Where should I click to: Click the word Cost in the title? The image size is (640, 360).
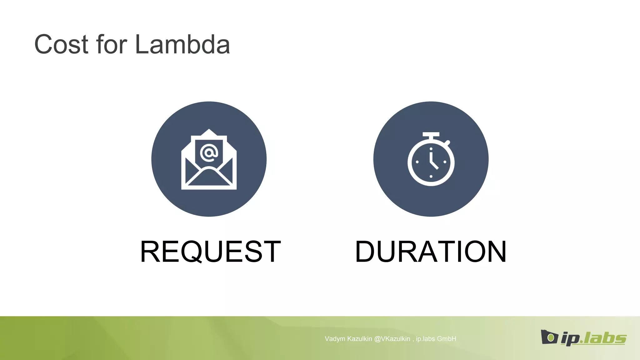click(61, 45)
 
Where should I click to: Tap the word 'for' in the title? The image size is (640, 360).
click(112, 44)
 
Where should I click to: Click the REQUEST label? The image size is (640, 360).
click(210, 252)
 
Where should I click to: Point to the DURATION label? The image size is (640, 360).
click(431, 252)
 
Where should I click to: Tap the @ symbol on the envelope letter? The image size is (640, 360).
click(209, 153)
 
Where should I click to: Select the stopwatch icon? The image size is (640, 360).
click(431, 159)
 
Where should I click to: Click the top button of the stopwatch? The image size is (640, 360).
click(431, 135)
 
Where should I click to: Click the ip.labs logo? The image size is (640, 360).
click(583, 337)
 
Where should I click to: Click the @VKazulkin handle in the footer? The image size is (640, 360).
click(392, 339)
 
